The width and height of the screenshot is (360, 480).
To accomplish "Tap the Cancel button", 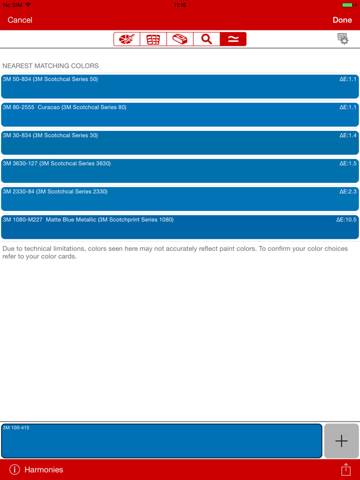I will coord(20,20).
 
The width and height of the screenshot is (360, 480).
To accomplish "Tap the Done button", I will coord(342,20).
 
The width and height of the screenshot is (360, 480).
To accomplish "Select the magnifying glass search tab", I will coord(207,39).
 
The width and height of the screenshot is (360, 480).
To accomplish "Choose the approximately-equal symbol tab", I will coord(233,39).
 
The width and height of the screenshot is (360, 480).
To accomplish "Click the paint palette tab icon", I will coord(127,39).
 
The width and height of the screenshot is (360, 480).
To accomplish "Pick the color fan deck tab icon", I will coord(153,39).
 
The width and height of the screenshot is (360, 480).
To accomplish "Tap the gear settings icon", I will coord(343,39).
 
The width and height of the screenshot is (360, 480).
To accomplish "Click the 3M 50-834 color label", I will coord(50,79).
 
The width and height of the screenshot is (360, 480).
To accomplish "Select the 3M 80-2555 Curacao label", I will coord(64,107).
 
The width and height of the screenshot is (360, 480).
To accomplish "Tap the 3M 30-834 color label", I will coord(50,136).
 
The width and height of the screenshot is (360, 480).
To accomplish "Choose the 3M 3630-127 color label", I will coord(57,163).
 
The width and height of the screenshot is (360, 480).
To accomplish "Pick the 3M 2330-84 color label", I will coord(55,192).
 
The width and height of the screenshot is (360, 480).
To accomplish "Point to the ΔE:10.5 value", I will coord(346,220).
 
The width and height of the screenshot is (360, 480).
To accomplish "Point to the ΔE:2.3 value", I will coord(348,192).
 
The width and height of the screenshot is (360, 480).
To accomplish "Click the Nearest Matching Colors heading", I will coord(50,66).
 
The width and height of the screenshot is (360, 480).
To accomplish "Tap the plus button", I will coord(341,441).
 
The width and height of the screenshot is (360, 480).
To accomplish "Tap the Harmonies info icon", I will coord(14,469).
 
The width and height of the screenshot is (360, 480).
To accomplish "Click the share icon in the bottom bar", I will coord(346,469).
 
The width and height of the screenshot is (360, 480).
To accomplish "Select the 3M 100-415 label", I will coord(16,428).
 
